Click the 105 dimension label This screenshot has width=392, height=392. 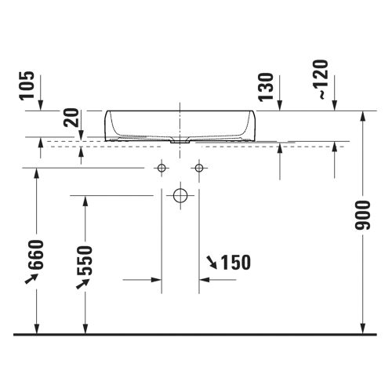(27, 85)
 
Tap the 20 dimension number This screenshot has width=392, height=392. (72, 118)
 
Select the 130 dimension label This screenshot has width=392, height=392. (266, 87)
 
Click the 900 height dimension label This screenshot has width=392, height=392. (363, 216)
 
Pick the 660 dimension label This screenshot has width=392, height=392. (36, 255)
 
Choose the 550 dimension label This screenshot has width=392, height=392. (85, 260)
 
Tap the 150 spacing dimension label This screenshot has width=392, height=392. (236, 263)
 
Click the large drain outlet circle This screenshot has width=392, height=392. (180, 195)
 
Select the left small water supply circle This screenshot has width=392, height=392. (162, 168)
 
